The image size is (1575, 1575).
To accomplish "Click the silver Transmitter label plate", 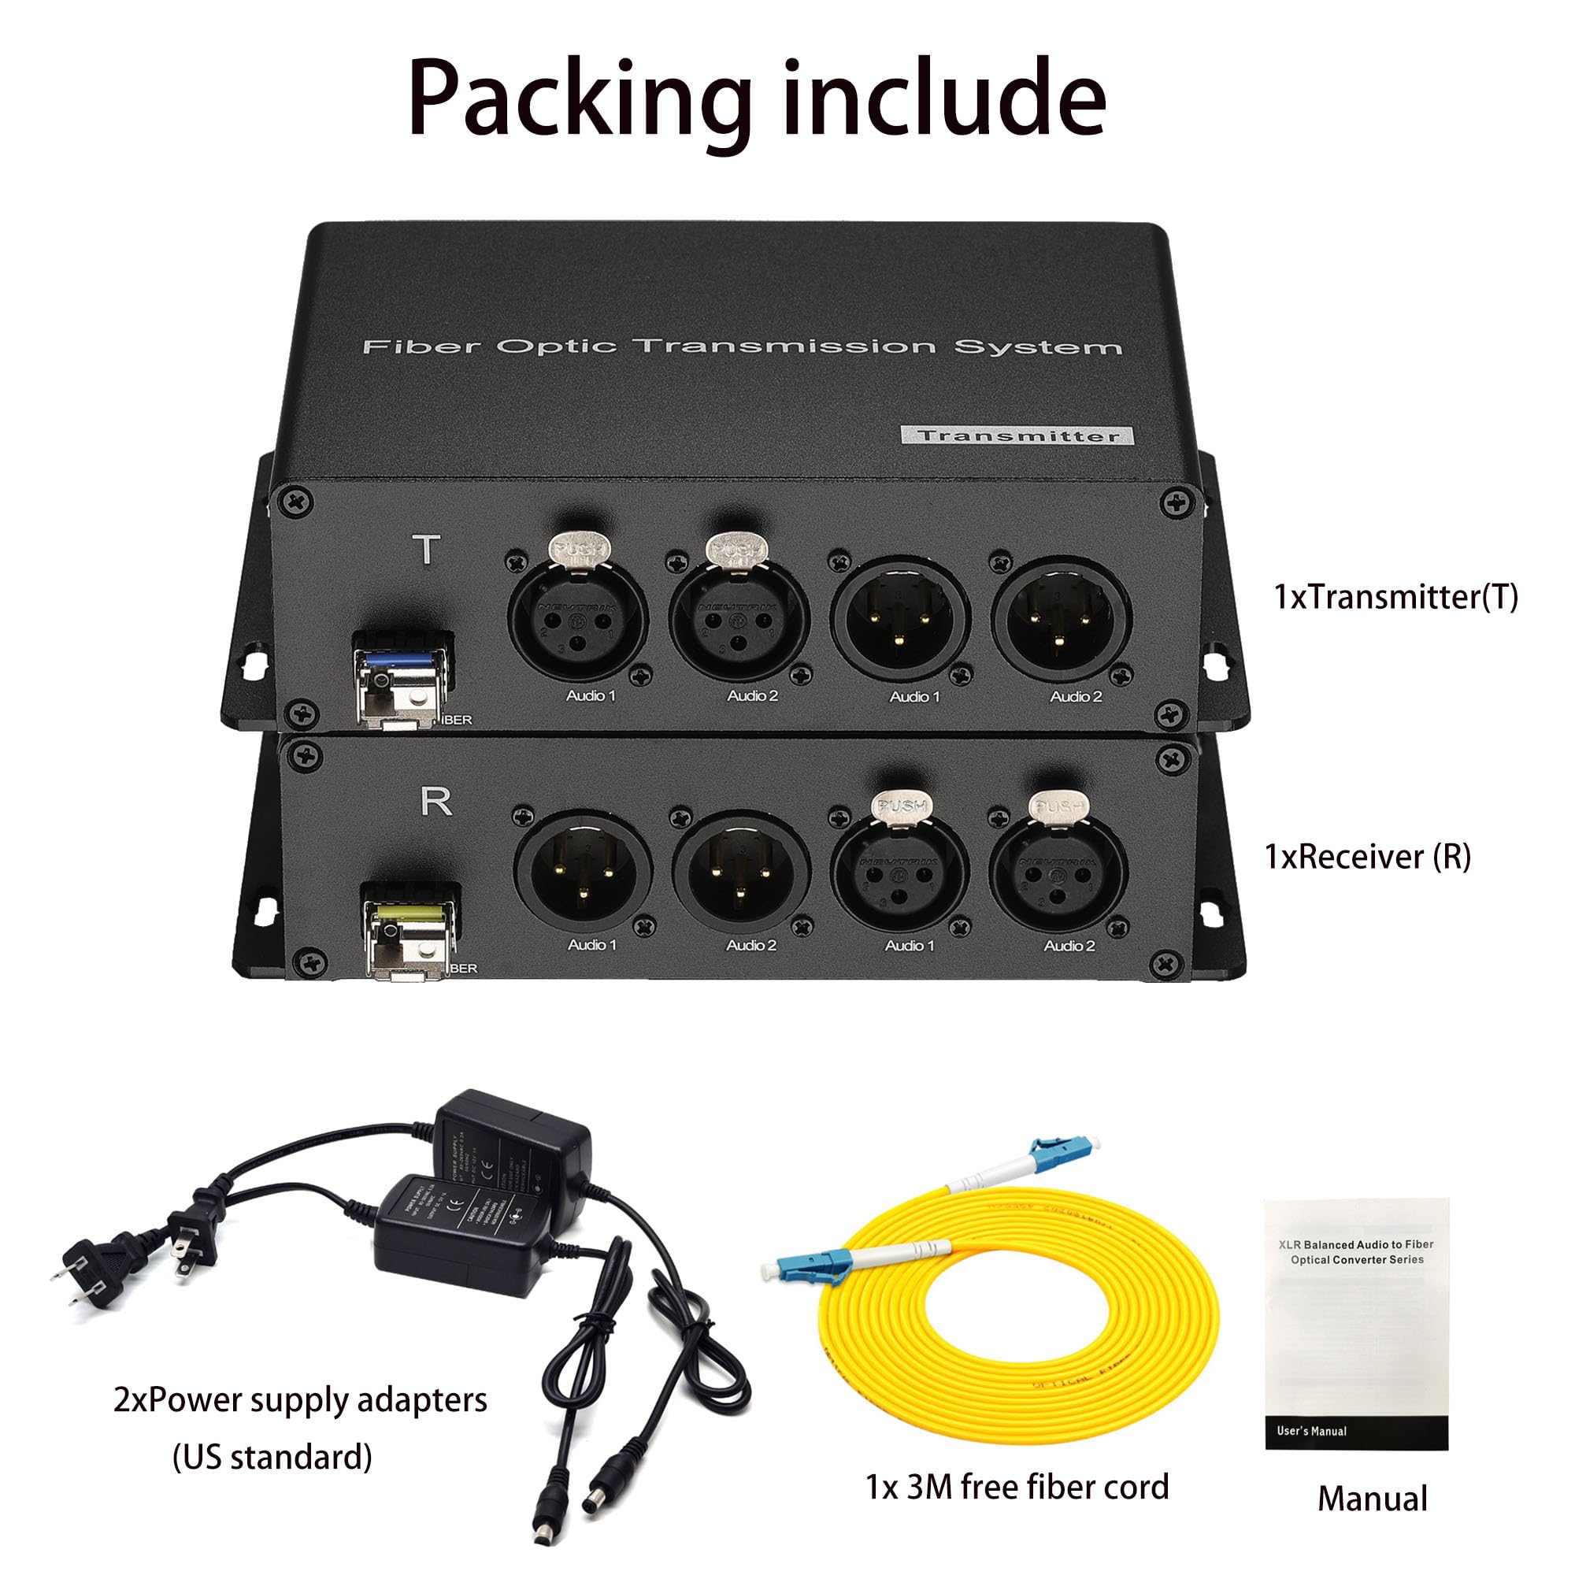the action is [x=1017, y=435].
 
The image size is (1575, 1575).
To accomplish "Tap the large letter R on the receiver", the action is [x=436, y=803].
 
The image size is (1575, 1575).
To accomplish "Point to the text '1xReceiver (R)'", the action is [x=1368, y=856].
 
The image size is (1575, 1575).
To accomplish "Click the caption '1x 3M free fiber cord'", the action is [x=1017, y=1486].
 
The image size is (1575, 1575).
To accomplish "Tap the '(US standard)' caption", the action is [x=272, y=1456].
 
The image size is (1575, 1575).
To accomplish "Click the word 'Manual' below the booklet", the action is [x=1372, y=1499].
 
